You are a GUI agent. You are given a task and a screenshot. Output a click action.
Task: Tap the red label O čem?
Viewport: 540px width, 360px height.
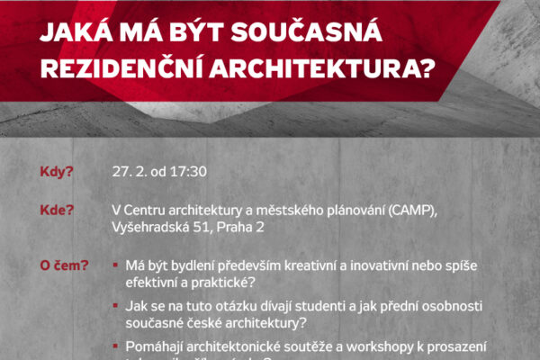tap(64, 266)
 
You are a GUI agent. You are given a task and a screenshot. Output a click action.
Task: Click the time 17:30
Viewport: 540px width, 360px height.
tap(187, 172)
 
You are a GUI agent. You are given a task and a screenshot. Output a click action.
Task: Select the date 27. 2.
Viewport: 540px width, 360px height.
tap(128, 172)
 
